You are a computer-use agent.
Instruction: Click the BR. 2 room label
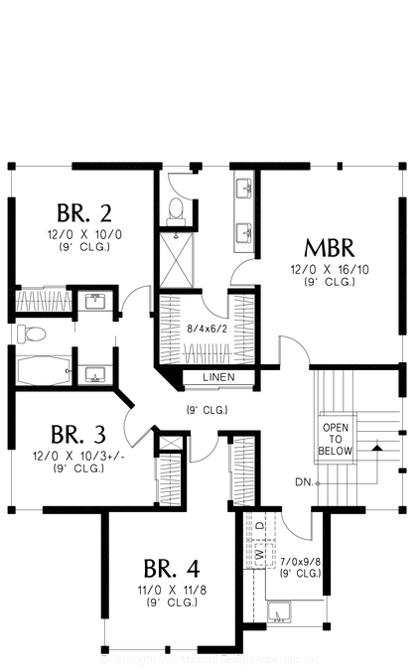[x=84, y=212]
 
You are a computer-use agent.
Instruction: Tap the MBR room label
[x=329, y=247]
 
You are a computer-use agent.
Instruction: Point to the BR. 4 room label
[x=171, y=569]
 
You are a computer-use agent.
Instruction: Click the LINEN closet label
[x=218, y=378]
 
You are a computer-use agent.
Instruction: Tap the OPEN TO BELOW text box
[x=335, y=439]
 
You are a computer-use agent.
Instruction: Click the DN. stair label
[x=304, y=482]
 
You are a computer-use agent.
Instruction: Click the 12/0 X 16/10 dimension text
[x=329, y=269]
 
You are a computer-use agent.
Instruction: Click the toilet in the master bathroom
[x=176, y=209]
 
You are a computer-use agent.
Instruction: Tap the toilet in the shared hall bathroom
[x=30, y=332]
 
